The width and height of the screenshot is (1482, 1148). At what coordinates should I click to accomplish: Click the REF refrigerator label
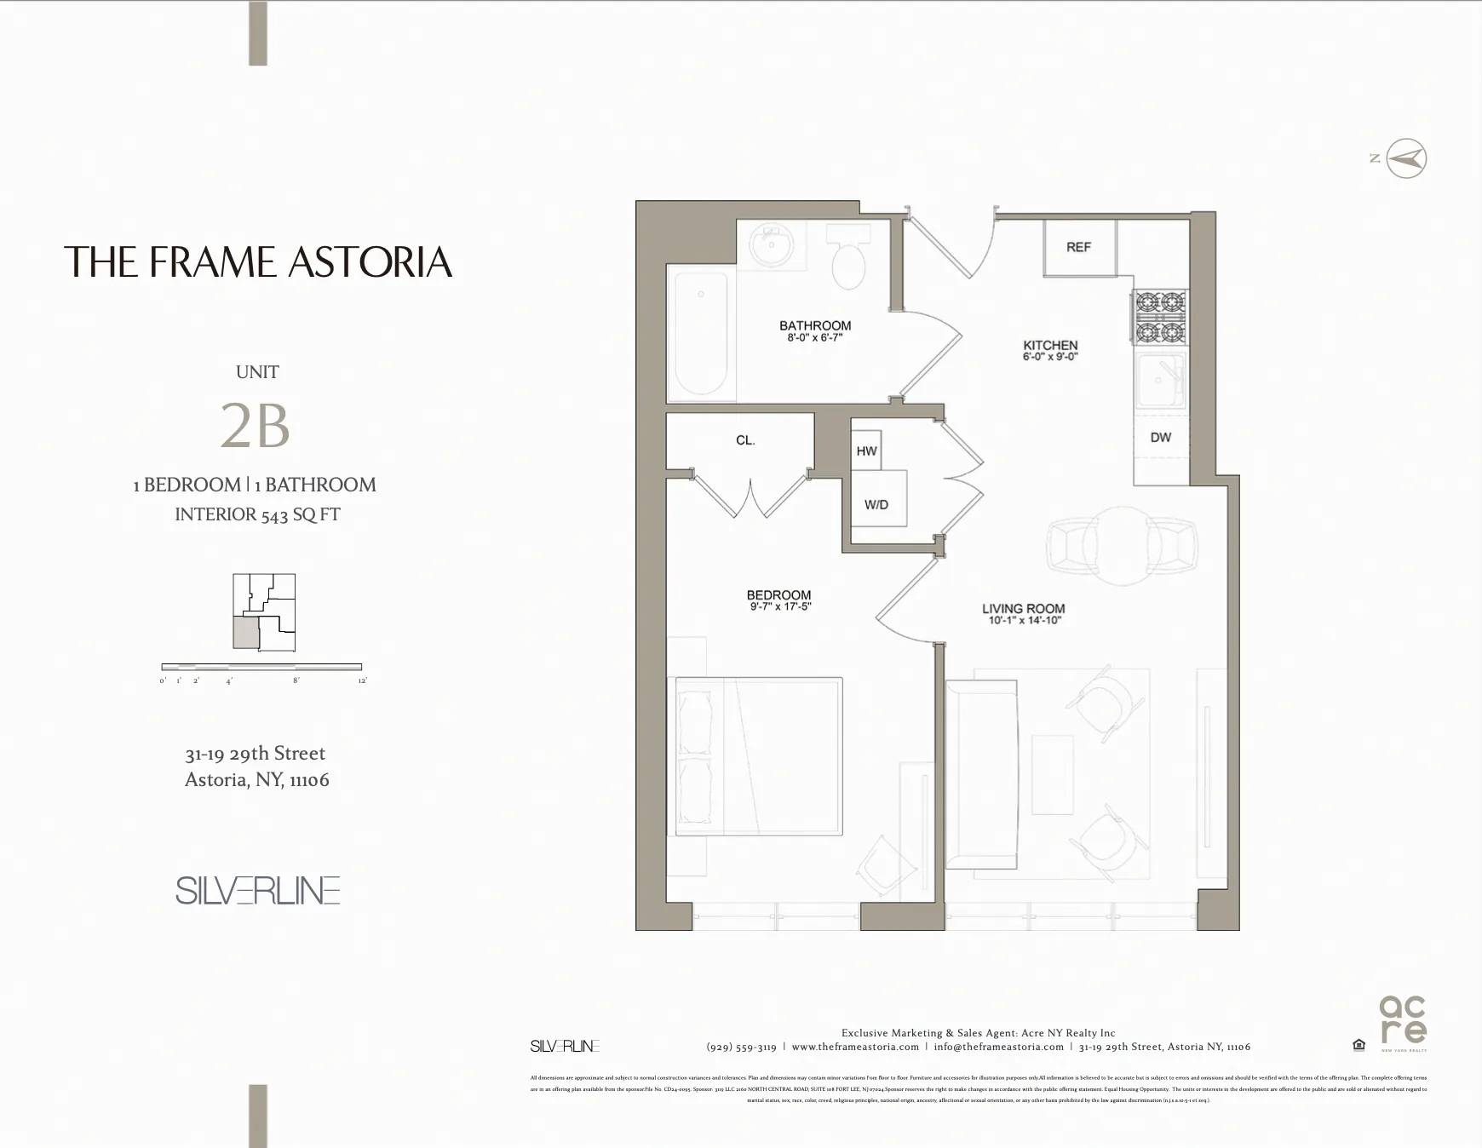tap(1078, 247)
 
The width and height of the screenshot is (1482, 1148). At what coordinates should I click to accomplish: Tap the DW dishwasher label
tap(1160, 438)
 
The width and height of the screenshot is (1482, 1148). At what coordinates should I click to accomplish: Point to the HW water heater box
tap(866, 451)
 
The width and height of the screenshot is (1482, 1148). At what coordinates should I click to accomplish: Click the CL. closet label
tap(745, 440)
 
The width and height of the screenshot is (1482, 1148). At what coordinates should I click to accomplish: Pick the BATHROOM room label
tap(815, 325)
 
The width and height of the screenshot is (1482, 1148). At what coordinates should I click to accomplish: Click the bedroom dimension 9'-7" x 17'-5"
tap(779, 607)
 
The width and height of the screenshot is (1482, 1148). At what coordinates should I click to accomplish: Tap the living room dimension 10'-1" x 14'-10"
tap(1025, 621)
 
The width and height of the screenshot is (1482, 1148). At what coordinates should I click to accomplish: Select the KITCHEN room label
tap(1050, 345)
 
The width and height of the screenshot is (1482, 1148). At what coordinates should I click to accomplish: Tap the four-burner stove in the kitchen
tap(1159, 316)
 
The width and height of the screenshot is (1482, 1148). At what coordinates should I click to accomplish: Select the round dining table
tap(1123, 546)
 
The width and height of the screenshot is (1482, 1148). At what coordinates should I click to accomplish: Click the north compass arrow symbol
tap(1406, 159)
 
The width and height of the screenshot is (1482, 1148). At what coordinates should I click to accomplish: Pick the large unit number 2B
tap(256, 426)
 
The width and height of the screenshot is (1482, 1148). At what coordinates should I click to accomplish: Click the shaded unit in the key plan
tap(245, 633)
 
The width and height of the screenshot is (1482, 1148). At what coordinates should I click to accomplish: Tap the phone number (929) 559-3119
tap(741, 1047)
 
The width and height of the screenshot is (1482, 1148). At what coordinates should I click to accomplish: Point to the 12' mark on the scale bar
tap(362, 680)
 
